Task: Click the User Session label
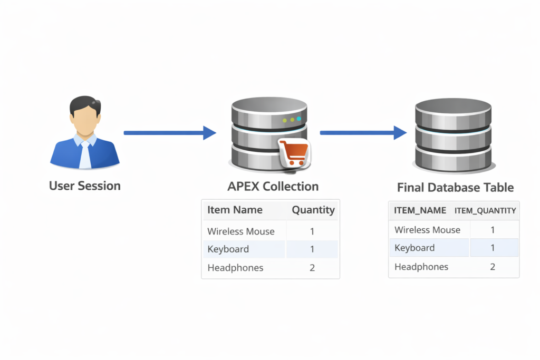click(84, 186)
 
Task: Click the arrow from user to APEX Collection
click(169, 133)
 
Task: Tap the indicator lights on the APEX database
click(292, 120)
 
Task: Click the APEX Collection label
click(273, 187)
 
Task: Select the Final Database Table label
click(455, 188)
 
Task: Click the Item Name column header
click(235, 210)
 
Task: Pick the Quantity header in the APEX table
click(313, 210)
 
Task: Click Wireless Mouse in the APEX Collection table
click(241, 231)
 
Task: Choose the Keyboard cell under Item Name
click(228, 249)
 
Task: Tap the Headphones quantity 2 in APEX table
click(312, 268)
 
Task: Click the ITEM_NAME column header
click(420, 210)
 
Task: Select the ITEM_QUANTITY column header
click(485, 211)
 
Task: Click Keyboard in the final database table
click(414, 248)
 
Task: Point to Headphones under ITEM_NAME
click(421, 267)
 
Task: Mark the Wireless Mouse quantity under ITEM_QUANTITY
click(493, 230)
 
